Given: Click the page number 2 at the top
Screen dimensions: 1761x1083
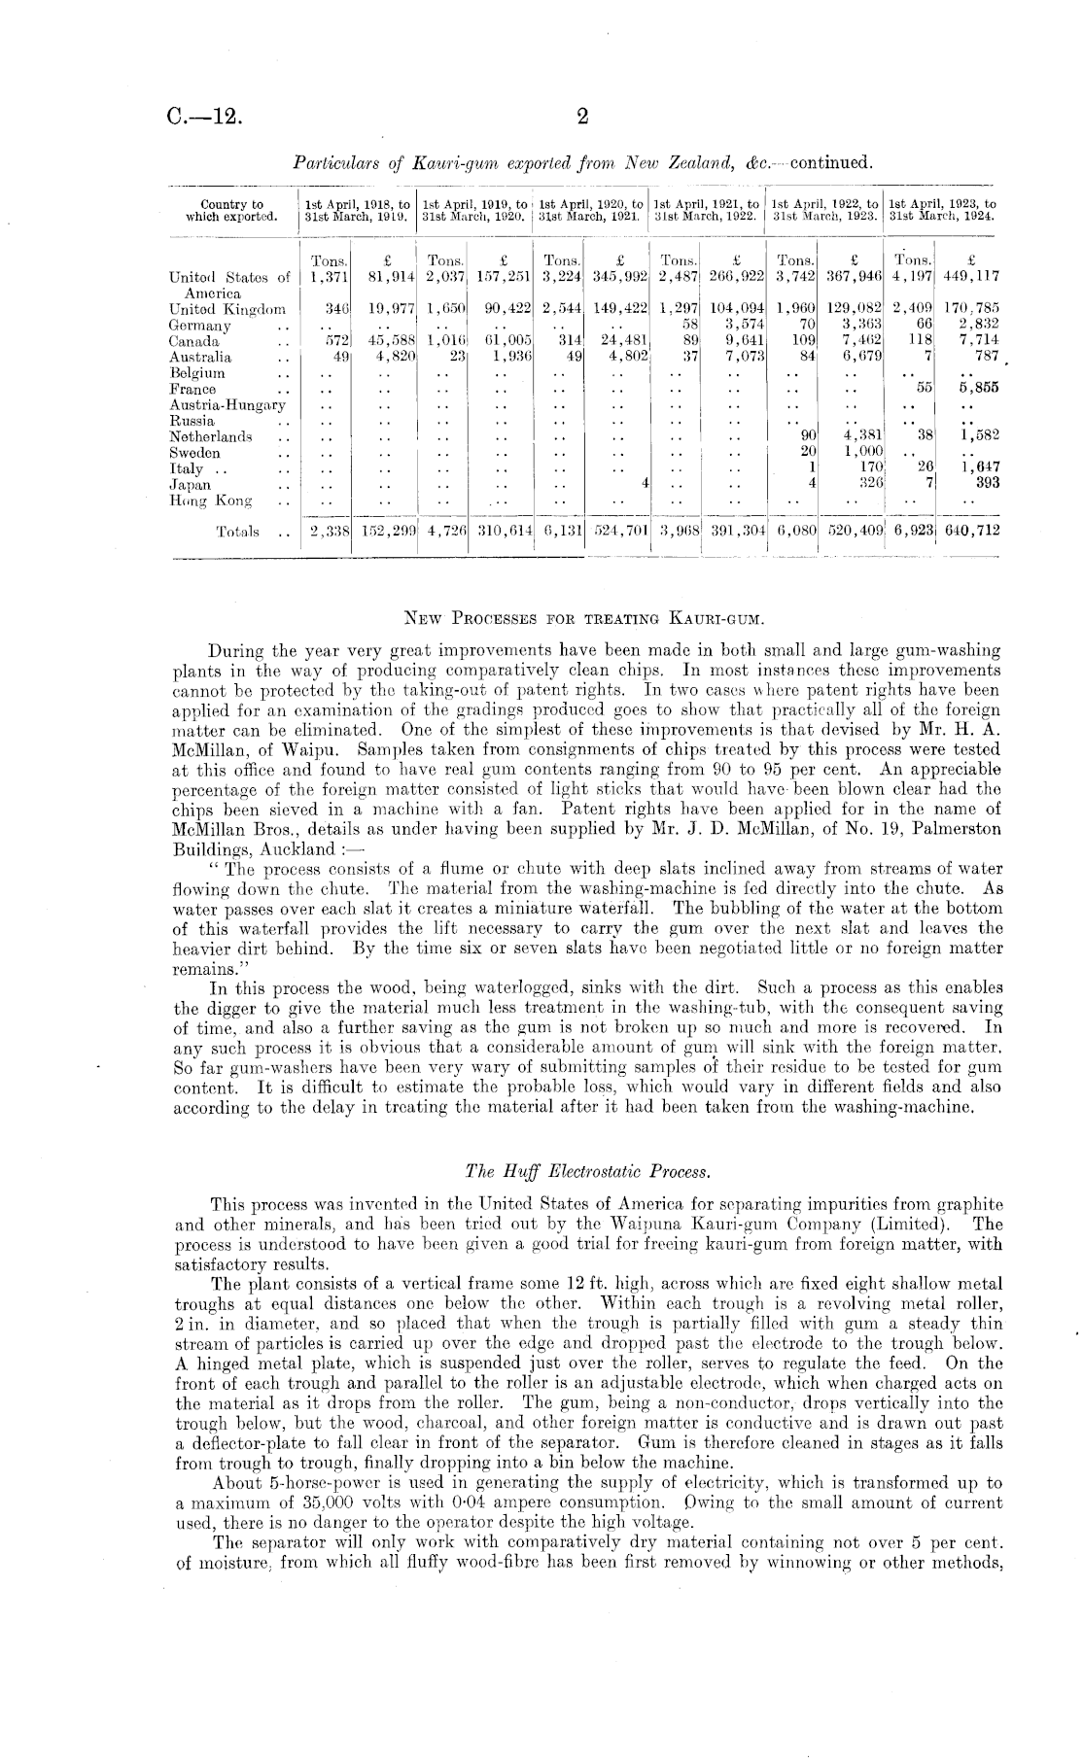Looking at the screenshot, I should tap(583, 118).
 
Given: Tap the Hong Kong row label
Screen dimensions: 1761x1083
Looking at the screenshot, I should tap(211, 501).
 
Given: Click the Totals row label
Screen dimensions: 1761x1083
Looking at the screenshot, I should tap(238, 532).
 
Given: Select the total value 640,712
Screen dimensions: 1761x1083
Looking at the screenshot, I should tap(967, 531).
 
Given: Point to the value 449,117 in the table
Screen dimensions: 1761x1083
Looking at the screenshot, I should tap(967, 277).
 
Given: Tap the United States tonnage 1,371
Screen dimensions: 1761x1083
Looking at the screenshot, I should tap(328, 277).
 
